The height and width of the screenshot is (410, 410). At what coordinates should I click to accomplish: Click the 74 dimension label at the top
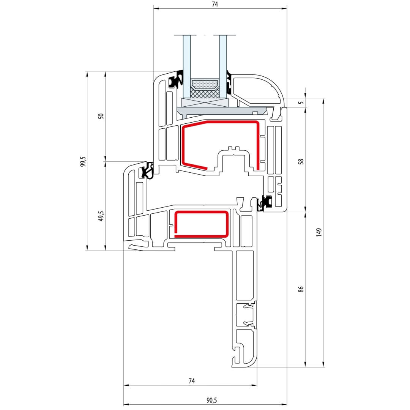point(214,4)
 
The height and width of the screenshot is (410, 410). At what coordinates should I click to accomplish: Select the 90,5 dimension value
point(211,400)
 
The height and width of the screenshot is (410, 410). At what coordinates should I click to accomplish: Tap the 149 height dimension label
point(319,232)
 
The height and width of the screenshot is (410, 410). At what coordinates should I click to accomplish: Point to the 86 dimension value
point(301,289)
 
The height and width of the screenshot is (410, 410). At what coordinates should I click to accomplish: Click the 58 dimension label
point(301,162)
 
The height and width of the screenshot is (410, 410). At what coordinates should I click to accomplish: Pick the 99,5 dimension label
point(83,162)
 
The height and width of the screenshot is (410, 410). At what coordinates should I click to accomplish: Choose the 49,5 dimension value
point(101,216)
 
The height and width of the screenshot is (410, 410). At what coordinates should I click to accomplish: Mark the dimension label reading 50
point(101,116)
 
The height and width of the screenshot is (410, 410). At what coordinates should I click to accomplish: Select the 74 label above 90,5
point(192,381)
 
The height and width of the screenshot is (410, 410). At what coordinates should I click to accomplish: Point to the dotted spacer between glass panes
point(205,84)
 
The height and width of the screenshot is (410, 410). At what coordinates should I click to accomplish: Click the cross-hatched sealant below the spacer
point(205,93)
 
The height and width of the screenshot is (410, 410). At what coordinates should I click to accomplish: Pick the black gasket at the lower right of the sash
point(265,203)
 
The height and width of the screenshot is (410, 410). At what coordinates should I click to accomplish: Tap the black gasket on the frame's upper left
point(147,170)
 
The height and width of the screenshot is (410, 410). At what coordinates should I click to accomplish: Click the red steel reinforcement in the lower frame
point(201,224)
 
